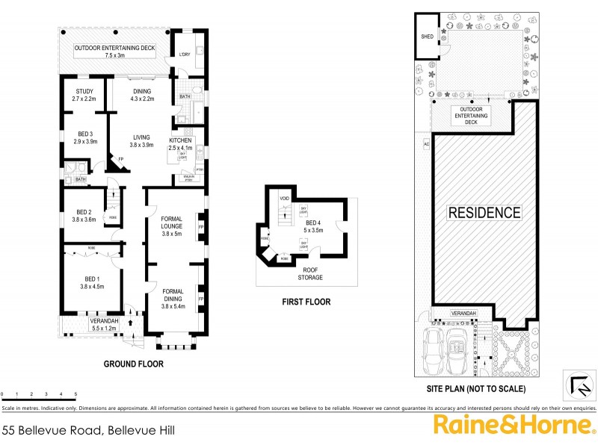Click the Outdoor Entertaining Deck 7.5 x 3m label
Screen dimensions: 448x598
pyautogui.click(x=114, y=52)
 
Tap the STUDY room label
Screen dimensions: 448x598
pyautogui.click(x=84, y=95)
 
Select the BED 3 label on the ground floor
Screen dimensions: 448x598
pyautogui.click(x=86, y=137)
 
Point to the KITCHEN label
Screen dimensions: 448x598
pyautogui.click(x=181, y=144)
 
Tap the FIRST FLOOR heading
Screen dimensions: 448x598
pyautogui.click(x=306, y=302)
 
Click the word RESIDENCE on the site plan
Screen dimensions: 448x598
pyautogui.click(x=484, y=213)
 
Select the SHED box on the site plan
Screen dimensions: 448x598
pyautogui.click(x=428, y=36)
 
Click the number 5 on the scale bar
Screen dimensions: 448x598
pyautogui.click(x=75, y=393)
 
